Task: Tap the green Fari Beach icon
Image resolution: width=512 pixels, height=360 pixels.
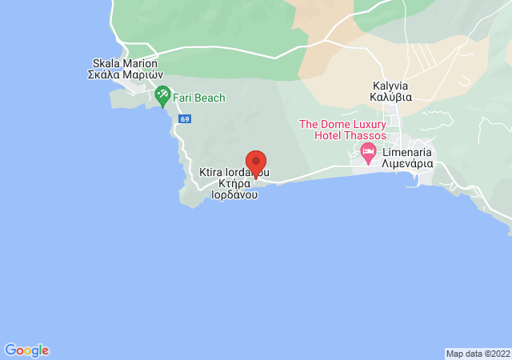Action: click(162, 96)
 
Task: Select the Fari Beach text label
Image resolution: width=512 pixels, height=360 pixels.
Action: click(198, 98)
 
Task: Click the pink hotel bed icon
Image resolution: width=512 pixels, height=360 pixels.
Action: click(368, 152)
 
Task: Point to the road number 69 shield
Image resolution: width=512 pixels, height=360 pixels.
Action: click(185, 119)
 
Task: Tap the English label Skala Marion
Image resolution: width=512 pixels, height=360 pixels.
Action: click(125, 64)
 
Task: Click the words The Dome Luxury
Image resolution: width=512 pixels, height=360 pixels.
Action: click(343, 124)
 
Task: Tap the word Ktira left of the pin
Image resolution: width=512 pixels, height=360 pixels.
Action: click(212, 172)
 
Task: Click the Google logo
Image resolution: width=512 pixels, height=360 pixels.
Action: click(26, 350)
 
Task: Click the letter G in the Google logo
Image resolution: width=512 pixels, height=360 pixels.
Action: click(10, 350)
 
